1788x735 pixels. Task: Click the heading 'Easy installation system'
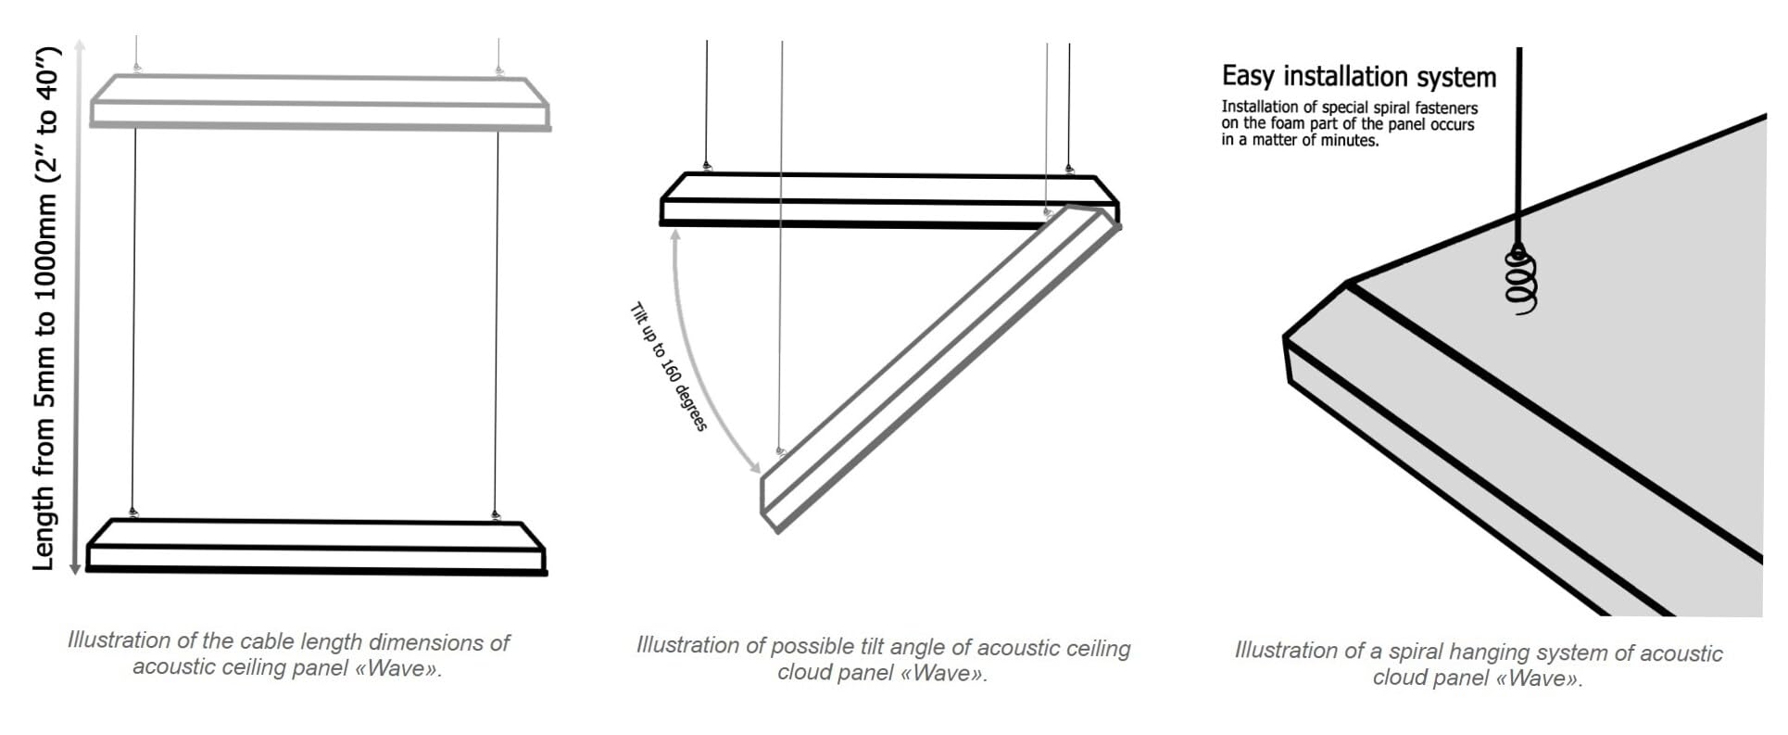coord(1358,76)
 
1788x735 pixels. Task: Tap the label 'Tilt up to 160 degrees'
coord(668,367)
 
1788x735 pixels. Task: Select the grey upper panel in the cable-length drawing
coord(321,102)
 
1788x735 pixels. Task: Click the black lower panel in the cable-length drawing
coord(316,547)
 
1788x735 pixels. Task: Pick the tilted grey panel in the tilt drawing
coord(939,369)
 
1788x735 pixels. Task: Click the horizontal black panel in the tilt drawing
coord(889,199)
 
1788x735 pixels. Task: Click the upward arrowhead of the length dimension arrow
coord(79,46)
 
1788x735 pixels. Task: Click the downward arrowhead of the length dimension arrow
coord(76,567)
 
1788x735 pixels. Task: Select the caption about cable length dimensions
coord(288,654)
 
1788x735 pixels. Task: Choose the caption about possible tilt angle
coord(883,659)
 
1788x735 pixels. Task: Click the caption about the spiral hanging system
coord(1479,665)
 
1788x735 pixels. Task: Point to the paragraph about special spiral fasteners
coord(1349,123)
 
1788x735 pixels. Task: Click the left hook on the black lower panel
coord(133,513)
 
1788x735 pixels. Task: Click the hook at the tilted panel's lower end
coord(780,451)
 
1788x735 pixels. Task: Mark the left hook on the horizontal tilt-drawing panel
coord(707,167)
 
